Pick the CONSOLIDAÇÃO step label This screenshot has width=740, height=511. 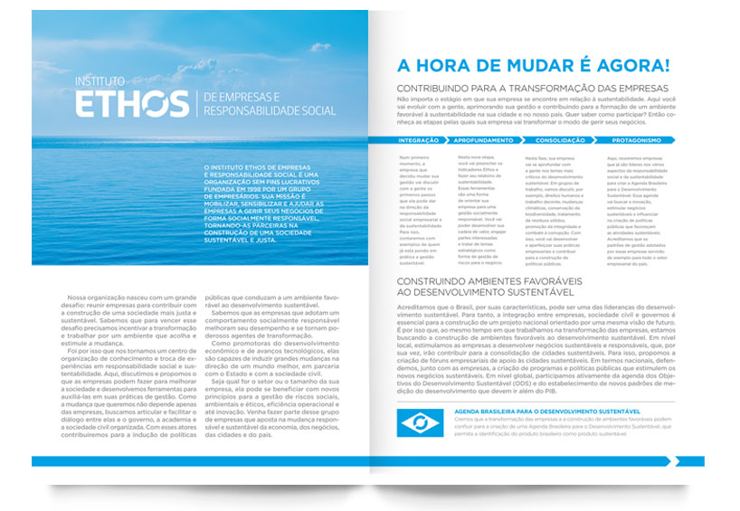(x=561, y=140)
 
